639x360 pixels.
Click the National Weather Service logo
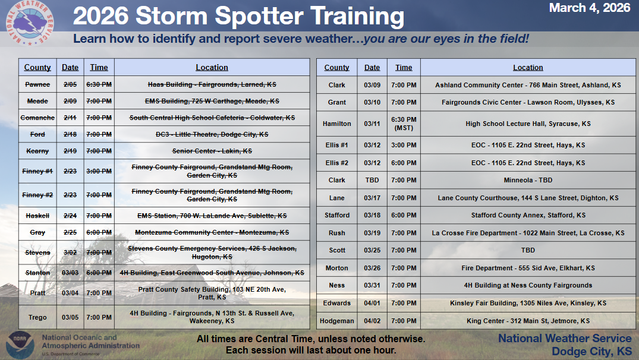click(30, 23)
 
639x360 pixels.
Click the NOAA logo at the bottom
click(20, 345)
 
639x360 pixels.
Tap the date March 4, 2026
click(589, 8)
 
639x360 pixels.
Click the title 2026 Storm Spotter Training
click(238, 16)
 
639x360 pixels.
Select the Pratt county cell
click(37, 293)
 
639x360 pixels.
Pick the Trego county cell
click(37, 317)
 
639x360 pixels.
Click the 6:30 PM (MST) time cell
click(404, 124)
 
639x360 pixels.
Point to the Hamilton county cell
click(336, 124)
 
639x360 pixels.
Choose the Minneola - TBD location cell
click(528, 180)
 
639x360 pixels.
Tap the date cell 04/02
click(372, 321)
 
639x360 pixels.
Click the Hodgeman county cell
click(336, 321)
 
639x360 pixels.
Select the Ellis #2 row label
click(336, 163)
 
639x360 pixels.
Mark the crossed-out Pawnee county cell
click(37, 84)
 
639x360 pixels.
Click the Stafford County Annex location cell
click(528, 215)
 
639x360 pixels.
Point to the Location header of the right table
click(528, 68)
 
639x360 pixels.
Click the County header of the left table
click(37, 68)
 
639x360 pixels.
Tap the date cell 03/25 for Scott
click(372, 250)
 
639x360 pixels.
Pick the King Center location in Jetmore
click(528, 321)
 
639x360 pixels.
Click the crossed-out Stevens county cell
click(37, 252)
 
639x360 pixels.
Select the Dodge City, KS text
click(591, 352)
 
